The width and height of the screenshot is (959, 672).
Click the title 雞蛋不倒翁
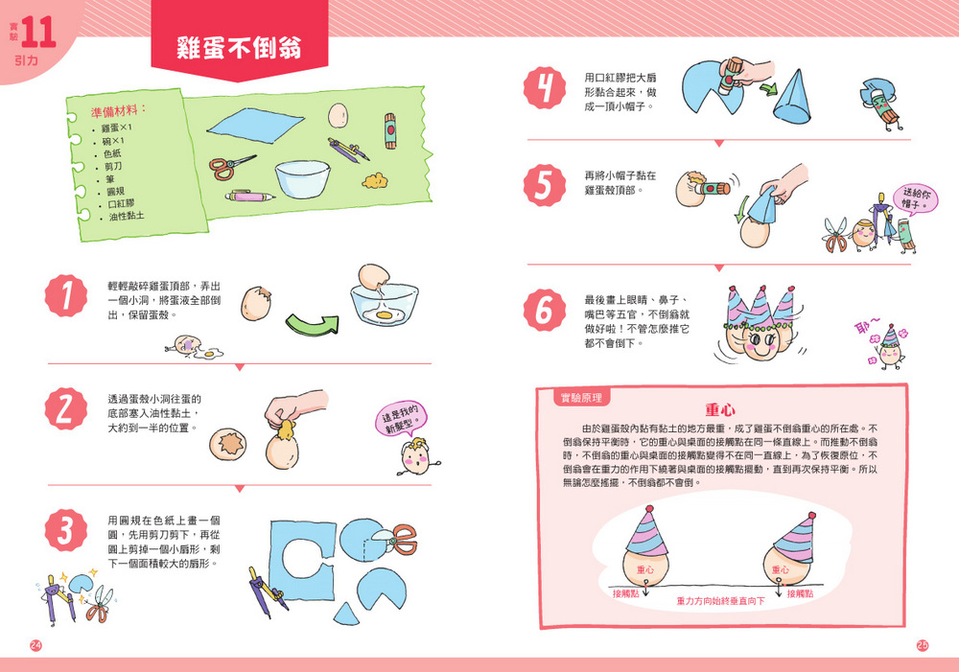[x=239, y=48]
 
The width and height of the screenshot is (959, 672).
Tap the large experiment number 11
[x=38, y=33]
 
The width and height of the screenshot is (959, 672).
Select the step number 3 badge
[x=66, y=529]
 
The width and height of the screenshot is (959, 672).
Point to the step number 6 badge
[x=545, y=310]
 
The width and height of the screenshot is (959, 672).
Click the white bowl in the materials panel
[x=303, y=179]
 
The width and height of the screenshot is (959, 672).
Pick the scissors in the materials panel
[x=232, y=166]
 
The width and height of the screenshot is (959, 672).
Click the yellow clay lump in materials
[x=375, y=181]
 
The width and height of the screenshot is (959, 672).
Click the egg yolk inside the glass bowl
[x=385, y=314]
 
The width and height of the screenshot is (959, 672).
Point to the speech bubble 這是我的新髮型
[x=401, y=418]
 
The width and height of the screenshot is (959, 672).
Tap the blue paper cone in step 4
[x=793, y=96]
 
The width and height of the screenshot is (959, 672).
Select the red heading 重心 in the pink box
[x=720, y=409]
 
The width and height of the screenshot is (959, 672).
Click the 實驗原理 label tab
[x=581, y=398]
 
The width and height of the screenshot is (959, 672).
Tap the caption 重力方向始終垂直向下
[x=720, y=601]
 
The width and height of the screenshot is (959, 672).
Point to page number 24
[x=35, y=645]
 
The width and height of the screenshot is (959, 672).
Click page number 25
[x=923, y=645]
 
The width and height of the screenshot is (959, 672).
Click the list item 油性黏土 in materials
[x=127, y=216]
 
